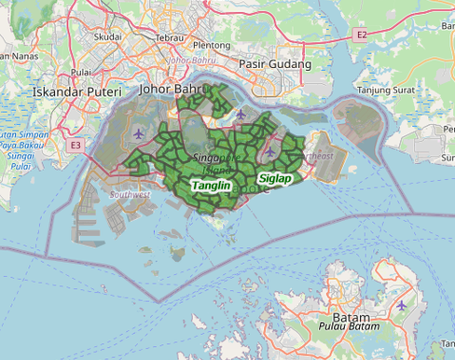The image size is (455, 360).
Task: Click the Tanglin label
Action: click(x=211, y=187)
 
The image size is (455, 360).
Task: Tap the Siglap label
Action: click(x=275, y=177)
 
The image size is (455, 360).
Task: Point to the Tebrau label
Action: click(x=170, y=36)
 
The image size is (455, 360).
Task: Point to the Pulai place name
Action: click(x=81, y=71)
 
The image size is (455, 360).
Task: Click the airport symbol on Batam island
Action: click(x=401, y=305)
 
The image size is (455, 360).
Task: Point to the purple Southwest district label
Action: click(x=130, y=195)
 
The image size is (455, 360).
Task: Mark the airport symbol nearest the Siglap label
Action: click(x=270, y=152)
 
